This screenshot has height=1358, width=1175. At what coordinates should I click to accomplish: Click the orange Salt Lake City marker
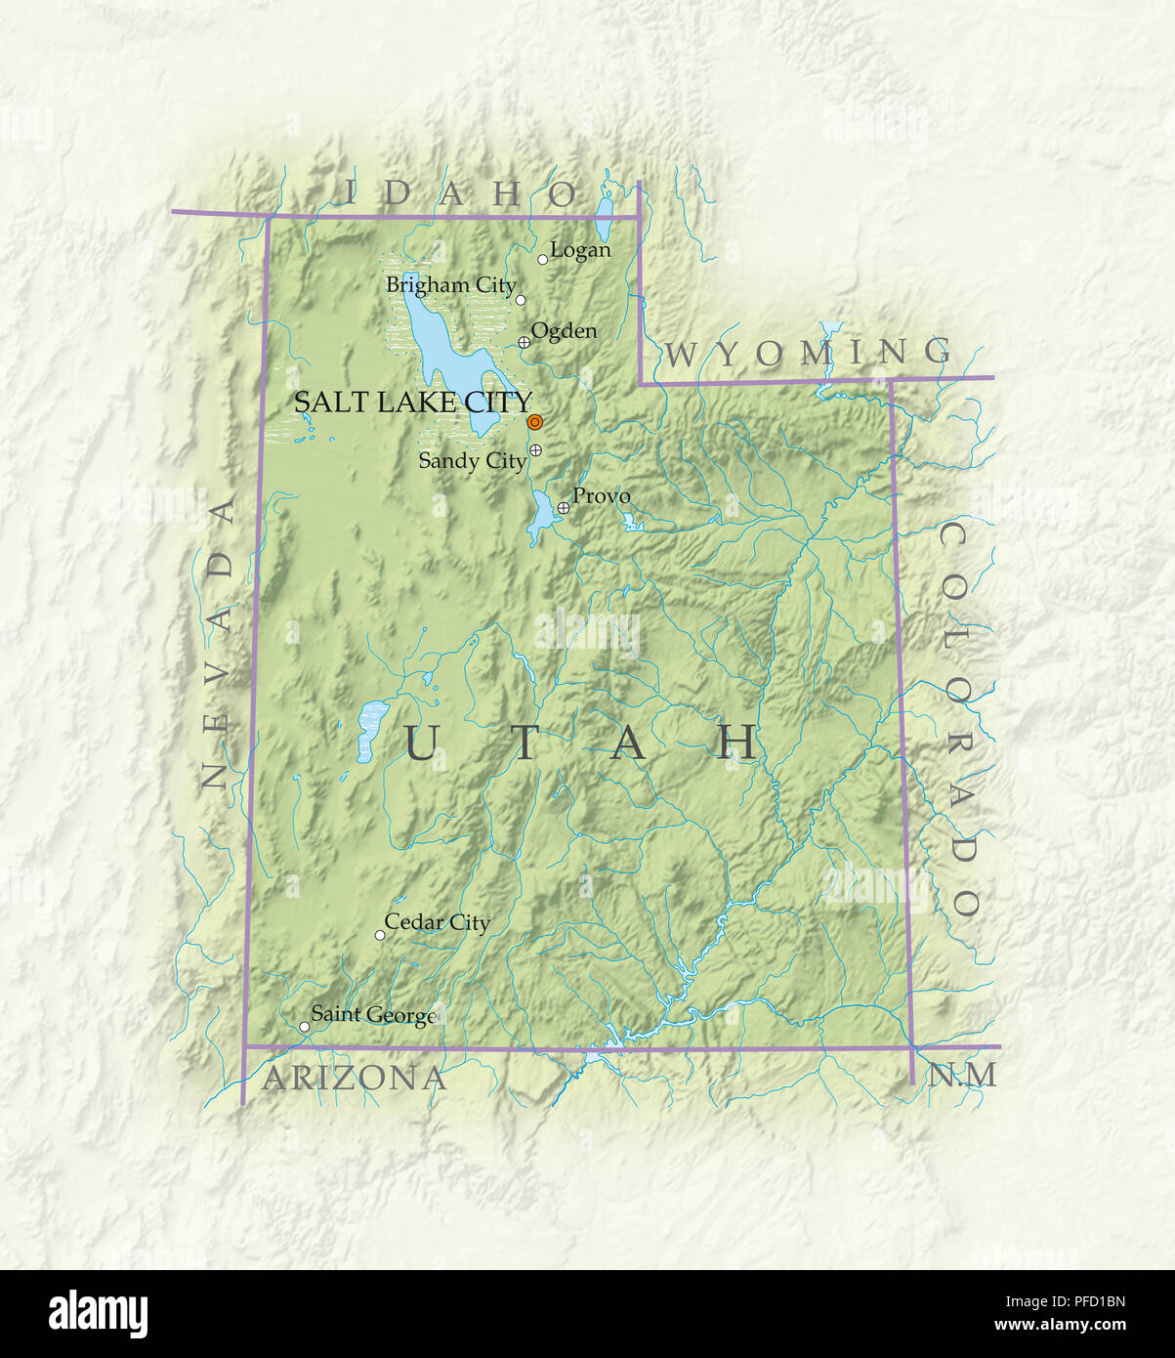[534, 422]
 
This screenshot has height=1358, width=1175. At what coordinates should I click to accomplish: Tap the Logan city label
[580, 250]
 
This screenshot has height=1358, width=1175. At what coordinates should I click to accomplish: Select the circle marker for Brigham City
[521, 300]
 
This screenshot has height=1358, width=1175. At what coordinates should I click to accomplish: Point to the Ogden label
[564, 331]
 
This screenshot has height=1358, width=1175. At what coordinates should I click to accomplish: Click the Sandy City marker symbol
[535, 450]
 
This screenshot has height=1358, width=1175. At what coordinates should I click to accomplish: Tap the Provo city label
[601, 496]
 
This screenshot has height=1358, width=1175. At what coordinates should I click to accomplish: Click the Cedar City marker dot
[380, 935]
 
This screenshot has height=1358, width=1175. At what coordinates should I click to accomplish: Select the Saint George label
[372, 1015]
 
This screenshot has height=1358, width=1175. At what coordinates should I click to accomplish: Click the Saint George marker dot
[304, 1027]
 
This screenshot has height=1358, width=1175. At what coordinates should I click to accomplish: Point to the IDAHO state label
[461, 193]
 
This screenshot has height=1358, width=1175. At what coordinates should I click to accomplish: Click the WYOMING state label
[807, 352]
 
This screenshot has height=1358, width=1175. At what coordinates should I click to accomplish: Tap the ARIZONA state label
[355, 1079]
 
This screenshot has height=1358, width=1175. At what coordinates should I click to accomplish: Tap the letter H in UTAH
[737, 743]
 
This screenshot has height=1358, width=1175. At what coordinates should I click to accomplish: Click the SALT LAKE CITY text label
[412, 402]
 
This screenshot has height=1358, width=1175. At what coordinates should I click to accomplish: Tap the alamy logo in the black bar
[98, 1313]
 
